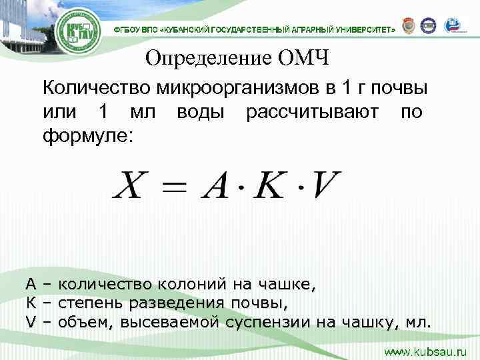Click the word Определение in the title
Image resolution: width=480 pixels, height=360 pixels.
click(202, 59)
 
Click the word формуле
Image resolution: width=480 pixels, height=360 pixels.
click(87, 135)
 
